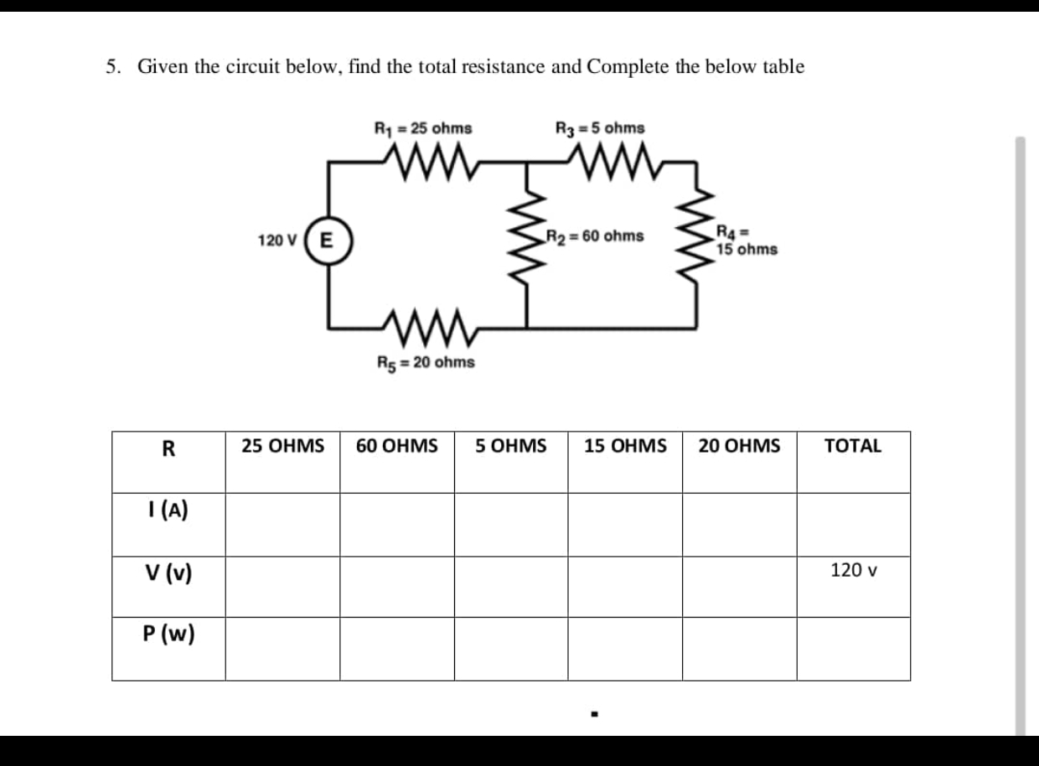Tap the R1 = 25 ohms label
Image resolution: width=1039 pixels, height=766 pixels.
pyautogui.click(x=422, y=129)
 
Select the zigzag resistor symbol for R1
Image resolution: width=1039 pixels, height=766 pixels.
pyautogui.click(x=422, y=156)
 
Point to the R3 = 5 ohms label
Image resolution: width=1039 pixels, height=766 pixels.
pyautogui.click(x=600, y=128)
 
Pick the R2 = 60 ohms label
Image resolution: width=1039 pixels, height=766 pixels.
pyautogui.click(x=595, y=236)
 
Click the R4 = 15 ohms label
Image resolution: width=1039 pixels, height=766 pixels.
pyautogui.click(x=746, y=241)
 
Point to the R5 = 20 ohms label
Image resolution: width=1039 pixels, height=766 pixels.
pyautogui.click(x=426, y=363)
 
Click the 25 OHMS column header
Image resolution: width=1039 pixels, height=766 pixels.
pyautogui.click(x=282, y=446)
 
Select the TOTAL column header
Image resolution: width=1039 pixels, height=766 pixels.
pyautogui.click(x=853, y=446)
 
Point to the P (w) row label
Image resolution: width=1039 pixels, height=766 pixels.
pyautogui.click(x=168, y=634)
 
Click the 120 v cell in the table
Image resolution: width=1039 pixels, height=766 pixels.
pyautogui.click(x=853, y=571)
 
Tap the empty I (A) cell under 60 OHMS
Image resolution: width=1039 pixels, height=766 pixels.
pyautogui.click(x=397, y=524)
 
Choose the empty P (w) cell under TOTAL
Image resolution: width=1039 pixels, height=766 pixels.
pyautogui.click(x=853, y=649)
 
